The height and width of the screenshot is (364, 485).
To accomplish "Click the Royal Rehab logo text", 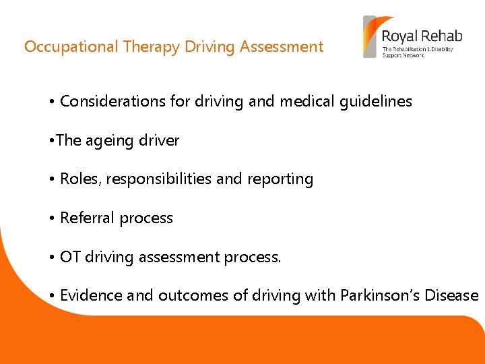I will click(x=418, y=36).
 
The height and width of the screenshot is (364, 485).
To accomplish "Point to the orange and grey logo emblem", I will click(x=370, y=37).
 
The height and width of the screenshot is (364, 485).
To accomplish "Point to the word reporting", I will click(x=284, y=179).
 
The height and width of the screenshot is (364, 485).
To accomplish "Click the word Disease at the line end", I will click(x=451, y=295).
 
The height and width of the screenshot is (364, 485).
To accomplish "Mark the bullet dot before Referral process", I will click(x=51, y=218).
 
